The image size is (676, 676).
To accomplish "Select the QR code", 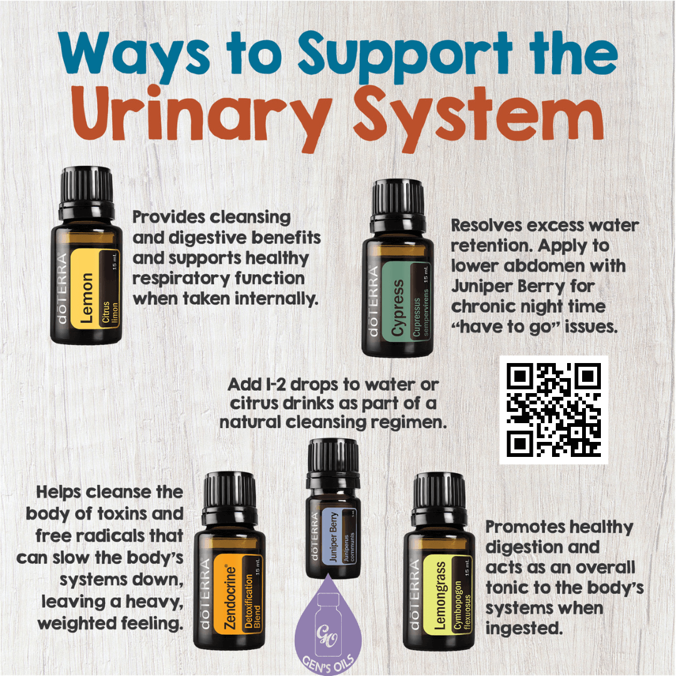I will (x=553, y=410).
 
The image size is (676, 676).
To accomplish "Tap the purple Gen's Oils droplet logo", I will (x=328, y=632).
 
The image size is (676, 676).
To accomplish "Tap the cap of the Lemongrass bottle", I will (x=438, y=494).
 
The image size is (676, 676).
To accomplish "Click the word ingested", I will (x=523, y=628).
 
